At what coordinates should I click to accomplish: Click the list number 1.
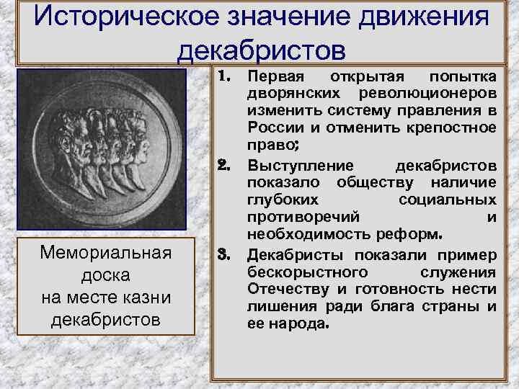click(x=225, y=76)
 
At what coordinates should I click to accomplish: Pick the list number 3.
click(x=225, y=254)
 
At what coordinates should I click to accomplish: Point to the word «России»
click(x=270, y=128)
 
